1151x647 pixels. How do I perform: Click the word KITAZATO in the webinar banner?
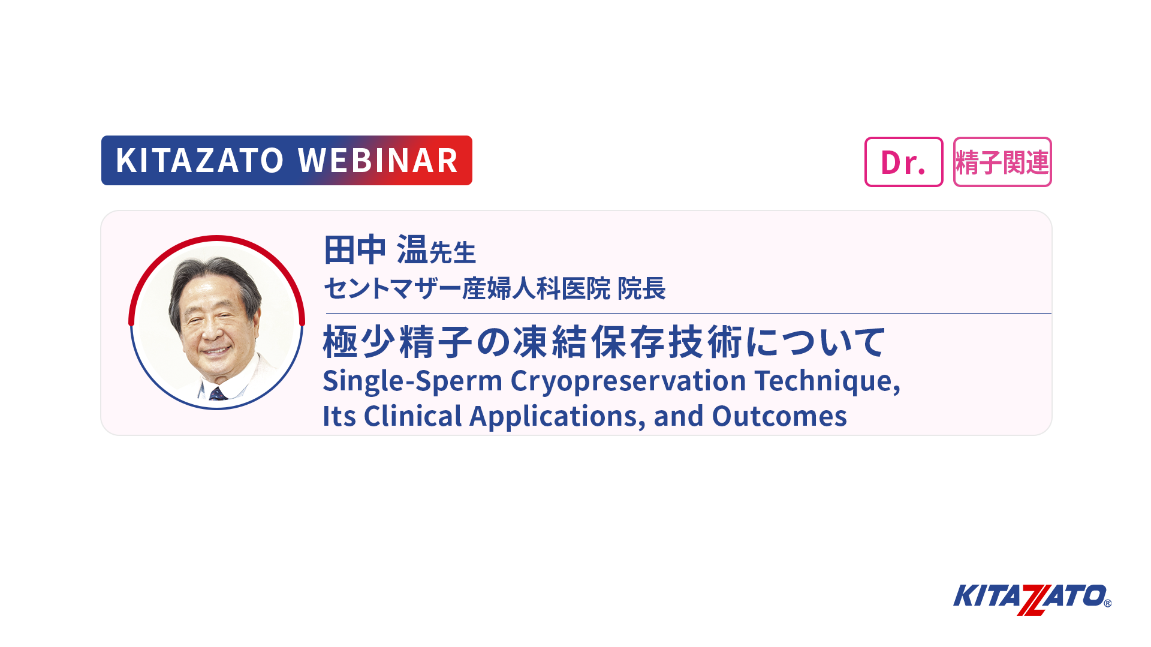pyautogui.click(x=200, y=160)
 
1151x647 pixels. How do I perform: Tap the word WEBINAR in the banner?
pyautogui.click(x=378, y=160)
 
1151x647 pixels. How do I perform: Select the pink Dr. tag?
pyautogui.click(x=903, y=162)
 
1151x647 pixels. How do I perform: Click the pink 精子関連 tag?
pyautogui.click(x=1002, y=162)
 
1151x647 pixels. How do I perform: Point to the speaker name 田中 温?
pyautogui.click(x=375, y=249)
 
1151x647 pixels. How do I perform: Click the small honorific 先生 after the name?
pyautogui.click(x=453, y=252)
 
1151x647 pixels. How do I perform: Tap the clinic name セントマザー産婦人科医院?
pyautogui.click(x=467, y=288)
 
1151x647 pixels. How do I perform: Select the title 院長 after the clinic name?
pyautogui.click(x=641, y=288)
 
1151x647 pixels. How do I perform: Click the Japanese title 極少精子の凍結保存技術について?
pyautogui.click(x=604, y=342)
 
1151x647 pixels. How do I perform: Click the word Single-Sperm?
pyautogui.click(x=412, y=381)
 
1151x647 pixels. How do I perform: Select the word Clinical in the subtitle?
pyautogui.click(x=412, y=416)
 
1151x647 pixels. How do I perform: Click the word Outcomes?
pyautogui.click(x=779, y=416)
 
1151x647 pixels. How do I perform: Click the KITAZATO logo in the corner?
pyautogui.click(x=1032, y=598)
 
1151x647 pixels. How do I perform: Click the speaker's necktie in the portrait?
pyautogui.click(x=217, y=394)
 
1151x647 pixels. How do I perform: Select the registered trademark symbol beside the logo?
pyautogui.click(x=1107, y=603)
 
